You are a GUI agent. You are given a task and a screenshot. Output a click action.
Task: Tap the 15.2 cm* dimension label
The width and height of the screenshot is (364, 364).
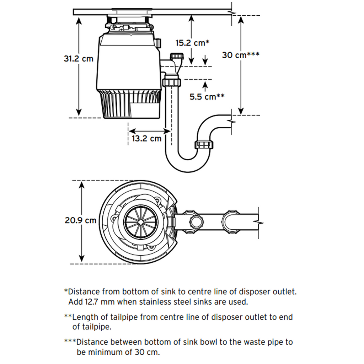192,43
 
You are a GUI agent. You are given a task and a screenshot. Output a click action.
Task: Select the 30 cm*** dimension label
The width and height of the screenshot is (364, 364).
241,55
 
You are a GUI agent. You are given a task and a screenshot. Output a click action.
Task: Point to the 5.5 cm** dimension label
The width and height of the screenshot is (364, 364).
207,96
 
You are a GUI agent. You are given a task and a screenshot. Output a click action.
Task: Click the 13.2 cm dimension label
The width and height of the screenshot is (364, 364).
146,138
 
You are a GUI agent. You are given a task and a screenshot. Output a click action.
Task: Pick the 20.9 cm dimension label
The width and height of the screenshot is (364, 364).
80,220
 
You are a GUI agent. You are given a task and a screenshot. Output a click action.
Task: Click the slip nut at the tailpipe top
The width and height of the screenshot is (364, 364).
172,83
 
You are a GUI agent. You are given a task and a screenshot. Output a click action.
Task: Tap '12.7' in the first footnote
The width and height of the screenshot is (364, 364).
94,303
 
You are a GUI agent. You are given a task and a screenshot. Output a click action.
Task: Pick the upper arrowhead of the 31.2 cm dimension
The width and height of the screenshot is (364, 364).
79,20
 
